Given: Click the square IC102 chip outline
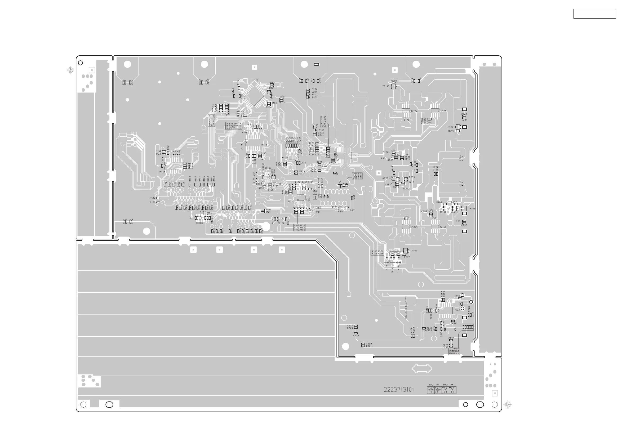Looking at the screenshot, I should pos(255,96).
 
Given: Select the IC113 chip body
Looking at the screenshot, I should pos(253,143).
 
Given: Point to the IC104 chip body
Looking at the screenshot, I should pos(406,111).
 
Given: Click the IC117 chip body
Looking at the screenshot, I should pos(435,110).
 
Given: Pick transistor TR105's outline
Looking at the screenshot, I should pos(394,87).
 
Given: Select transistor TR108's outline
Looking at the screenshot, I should pos(457,127).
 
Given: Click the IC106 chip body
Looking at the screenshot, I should pos(445,310).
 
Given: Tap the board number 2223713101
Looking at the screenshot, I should pos(399,390).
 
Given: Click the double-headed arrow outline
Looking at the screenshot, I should pos(422,368).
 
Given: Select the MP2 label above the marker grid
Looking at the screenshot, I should pos(431,385).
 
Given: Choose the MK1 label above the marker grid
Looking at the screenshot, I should pos(453,385).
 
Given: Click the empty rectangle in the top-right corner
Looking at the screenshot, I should pos(594,14).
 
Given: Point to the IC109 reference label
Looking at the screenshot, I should pos(162,172).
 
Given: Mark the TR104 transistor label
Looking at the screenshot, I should pos(414,251).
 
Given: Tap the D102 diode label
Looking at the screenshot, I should pos(315,95).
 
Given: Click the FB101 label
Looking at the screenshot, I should pos(282,97).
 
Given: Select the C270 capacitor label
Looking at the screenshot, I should pos(314,89).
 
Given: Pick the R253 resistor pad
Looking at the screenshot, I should pos(394,83).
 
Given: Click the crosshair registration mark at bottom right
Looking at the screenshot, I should pos(508,404).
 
